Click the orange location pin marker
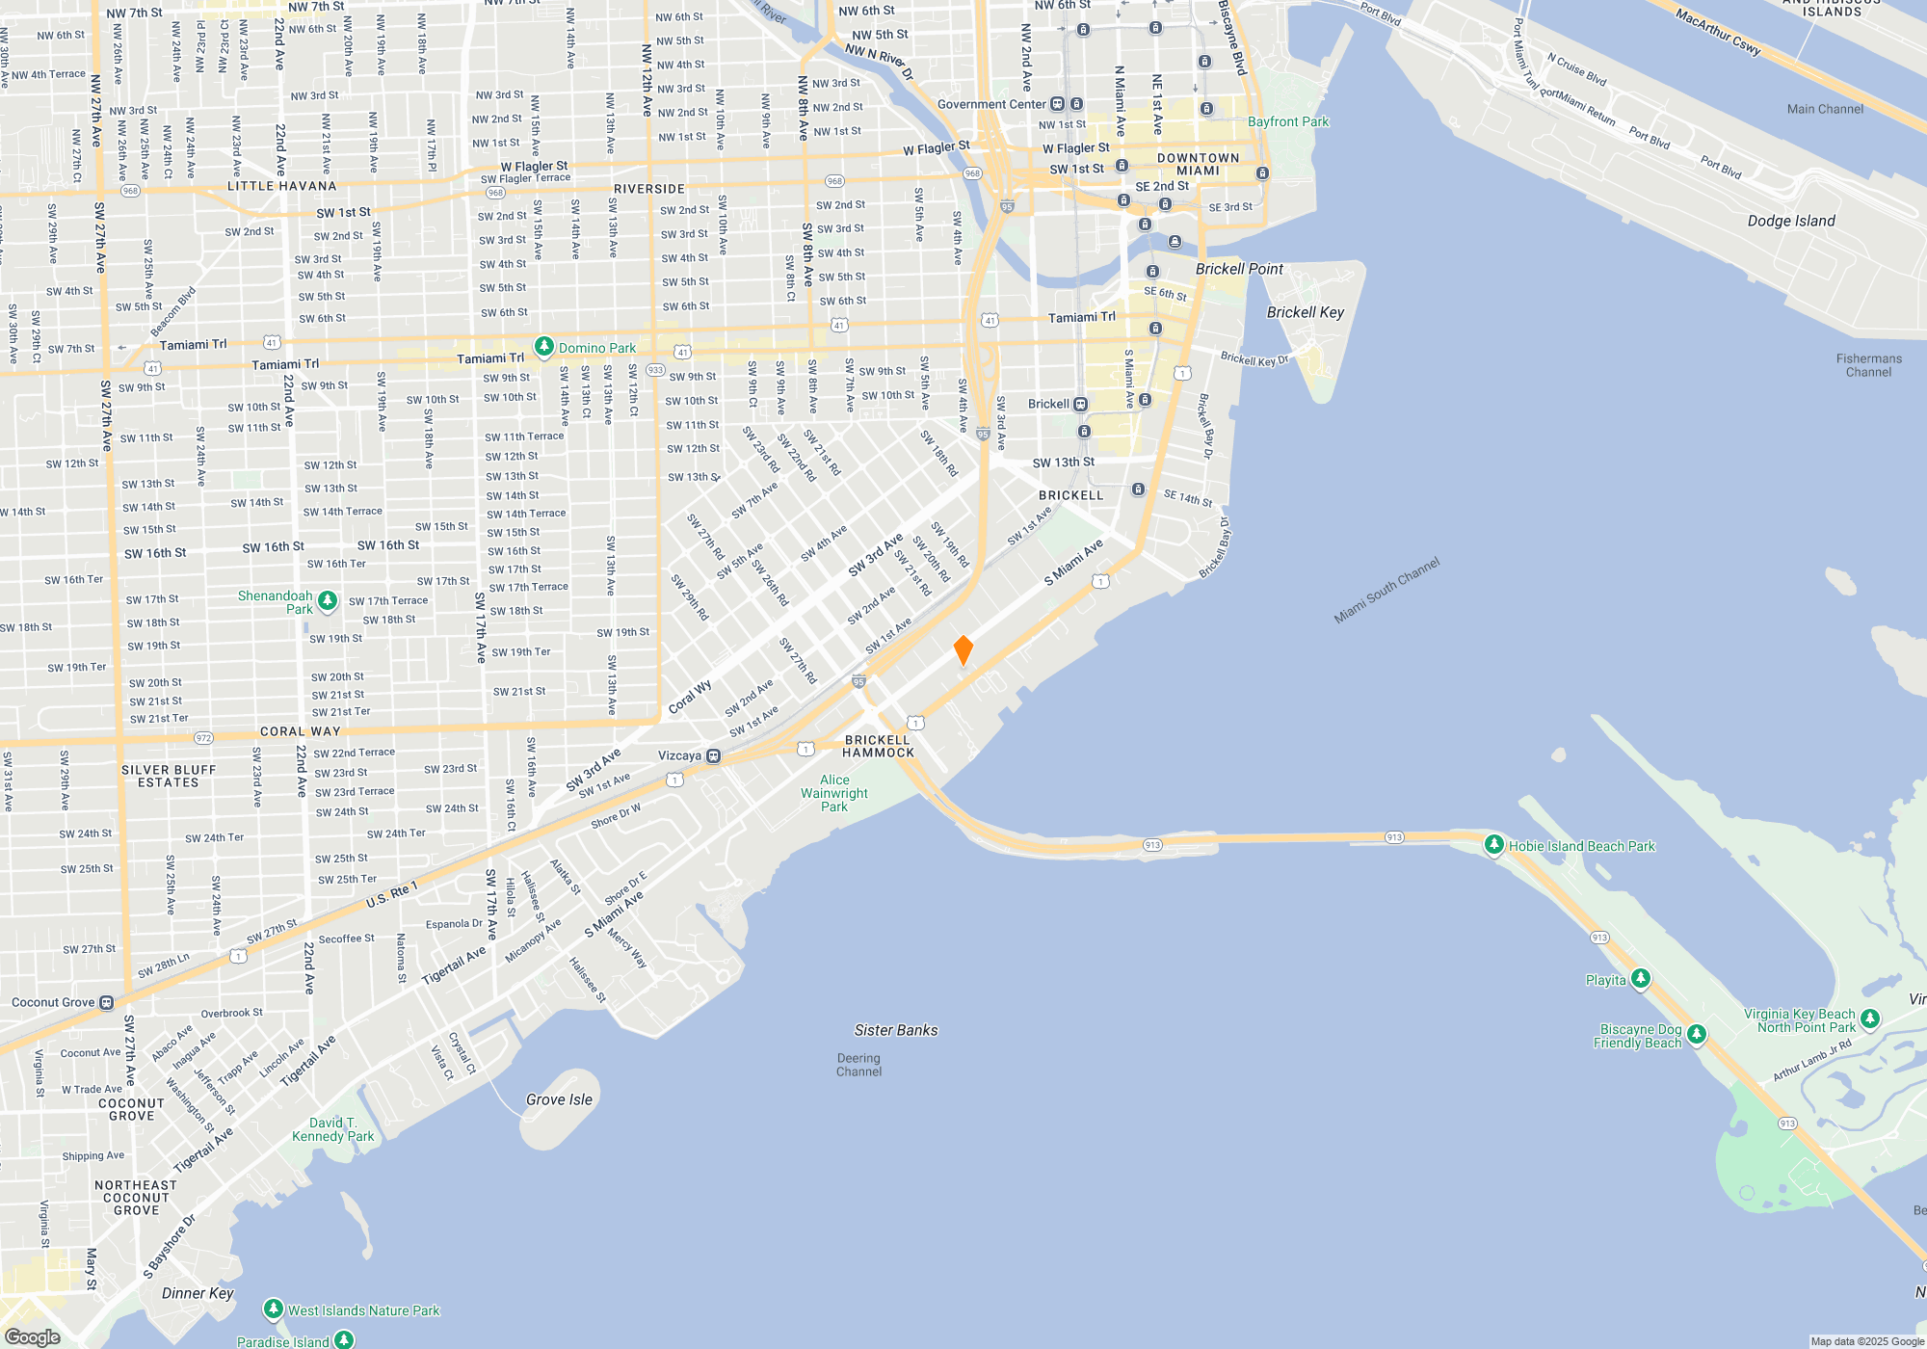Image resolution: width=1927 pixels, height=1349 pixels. [963, 649]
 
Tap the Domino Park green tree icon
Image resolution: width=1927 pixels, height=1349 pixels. [544, 347]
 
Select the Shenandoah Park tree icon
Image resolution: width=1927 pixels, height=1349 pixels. [328, 602]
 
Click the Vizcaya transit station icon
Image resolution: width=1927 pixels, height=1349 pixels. [714, 756]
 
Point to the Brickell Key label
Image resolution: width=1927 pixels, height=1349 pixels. [1305, 312]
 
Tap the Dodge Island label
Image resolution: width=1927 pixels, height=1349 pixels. [1791, 221]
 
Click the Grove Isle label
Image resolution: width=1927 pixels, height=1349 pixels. [559, 1099]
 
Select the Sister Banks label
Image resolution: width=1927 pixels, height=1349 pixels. [896, 1030]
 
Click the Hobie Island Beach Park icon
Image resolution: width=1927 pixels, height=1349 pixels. [1494, 845]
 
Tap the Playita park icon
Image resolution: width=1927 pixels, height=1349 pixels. [1641, 980]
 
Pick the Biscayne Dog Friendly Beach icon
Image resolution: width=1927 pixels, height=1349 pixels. [1697, 1035]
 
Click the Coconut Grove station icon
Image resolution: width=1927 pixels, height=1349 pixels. [107, 1003]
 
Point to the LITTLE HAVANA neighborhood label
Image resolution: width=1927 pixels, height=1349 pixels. [282, 186]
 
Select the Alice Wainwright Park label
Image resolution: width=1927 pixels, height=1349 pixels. [834, 793]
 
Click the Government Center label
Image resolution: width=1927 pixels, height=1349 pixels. [991, 104]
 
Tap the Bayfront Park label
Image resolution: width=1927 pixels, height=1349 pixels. [1287, 121]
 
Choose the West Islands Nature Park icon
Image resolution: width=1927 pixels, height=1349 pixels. [274, 1309]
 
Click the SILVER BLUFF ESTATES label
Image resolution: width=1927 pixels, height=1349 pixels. [169, 777]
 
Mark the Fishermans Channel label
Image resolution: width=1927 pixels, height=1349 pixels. [1868, 365]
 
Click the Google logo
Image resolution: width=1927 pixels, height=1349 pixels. [33, 1337]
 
